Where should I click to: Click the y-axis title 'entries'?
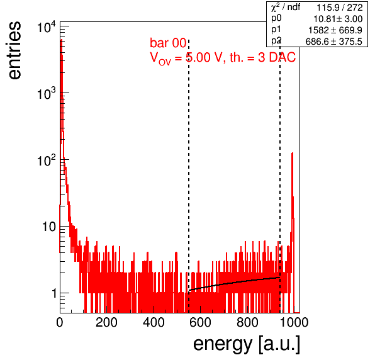point(15,50)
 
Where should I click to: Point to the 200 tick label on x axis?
point(106,322)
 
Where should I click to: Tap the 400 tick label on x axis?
point(154,322)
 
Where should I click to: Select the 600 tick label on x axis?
point(201,322)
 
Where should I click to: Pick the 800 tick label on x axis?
point(247,322)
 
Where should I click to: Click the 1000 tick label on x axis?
point(294,322)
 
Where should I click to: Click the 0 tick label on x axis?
point(60,322)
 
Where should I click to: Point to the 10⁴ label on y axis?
point(47,27)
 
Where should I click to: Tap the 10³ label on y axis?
point(47,94)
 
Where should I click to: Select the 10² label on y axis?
point(47,160)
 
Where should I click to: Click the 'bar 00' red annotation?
point(168,43)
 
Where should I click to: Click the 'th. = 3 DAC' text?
point(262,57)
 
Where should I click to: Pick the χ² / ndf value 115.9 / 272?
point(340,8)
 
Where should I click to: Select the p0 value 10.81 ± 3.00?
point(338,19)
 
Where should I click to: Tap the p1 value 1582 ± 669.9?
point(335,30)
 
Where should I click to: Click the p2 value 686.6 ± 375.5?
point(334,42)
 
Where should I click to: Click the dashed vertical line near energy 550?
point(189,176)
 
